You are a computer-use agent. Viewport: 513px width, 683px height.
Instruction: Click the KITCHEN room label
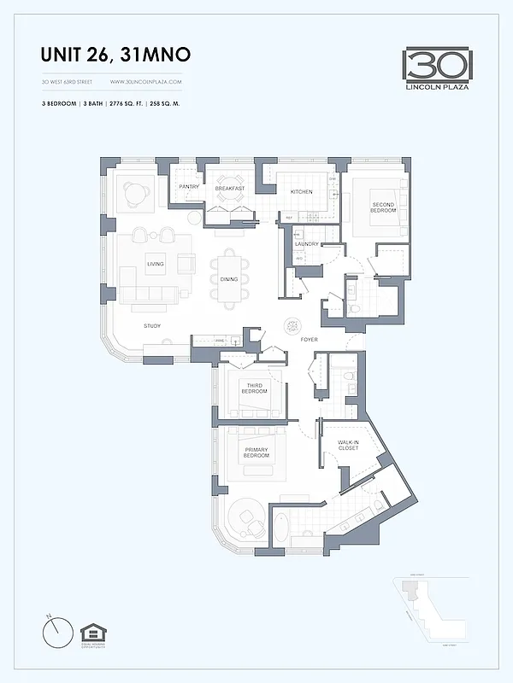pos(301,192)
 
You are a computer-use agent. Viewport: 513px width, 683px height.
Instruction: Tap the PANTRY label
pos(189,188)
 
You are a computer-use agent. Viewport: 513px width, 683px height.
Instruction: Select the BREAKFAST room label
pos(229,189)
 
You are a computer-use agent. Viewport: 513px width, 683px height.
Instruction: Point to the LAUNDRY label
pos(306,244)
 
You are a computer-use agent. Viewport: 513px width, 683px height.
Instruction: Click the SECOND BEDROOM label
pos(383,207)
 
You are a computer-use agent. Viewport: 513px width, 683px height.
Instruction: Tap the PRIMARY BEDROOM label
pos(256,452)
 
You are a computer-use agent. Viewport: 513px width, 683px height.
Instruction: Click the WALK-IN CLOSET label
pos(348,446)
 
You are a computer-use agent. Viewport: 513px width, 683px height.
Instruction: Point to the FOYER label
pos(310,339)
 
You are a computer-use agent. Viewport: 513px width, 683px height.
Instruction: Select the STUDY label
pos(153,326)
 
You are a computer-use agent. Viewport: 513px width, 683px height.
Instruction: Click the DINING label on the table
pos(229,279)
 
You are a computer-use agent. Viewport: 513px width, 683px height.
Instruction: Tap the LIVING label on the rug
pos(155,265)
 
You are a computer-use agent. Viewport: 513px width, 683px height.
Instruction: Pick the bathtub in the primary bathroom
pos(281,527)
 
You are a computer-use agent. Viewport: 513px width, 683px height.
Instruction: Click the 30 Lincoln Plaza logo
pos(438,67)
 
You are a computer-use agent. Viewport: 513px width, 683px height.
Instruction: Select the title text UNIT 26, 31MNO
pos(115,55)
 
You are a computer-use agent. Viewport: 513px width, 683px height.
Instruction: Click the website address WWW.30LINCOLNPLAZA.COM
pos(146,82)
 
